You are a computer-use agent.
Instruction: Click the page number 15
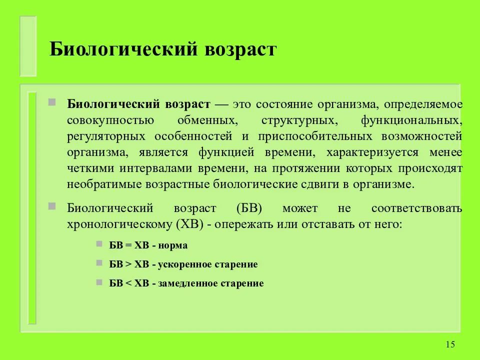tap(450, 344)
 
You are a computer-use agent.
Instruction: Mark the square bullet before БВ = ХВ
tap(98, 244)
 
